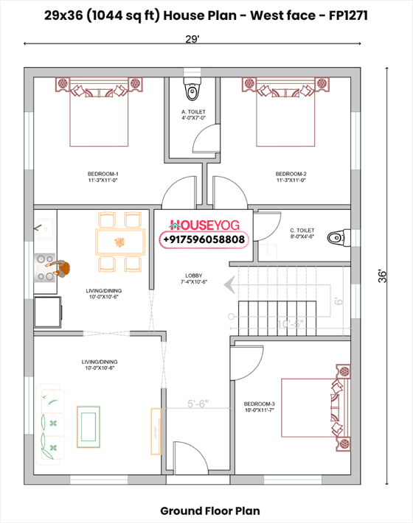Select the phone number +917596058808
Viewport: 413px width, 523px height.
pyautogui.click(x=203, y=239)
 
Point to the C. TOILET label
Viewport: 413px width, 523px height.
pyautogui.click(x=302, y=234)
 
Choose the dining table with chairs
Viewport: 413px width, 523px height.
pyautogui.click(x=119, y=241)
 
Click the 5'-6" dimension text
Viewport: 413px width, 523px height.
pyautogui.click(x=198, y=403)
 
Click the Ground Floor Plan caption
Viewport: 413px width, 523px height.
pyautogui.click(x=209, y=510)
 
